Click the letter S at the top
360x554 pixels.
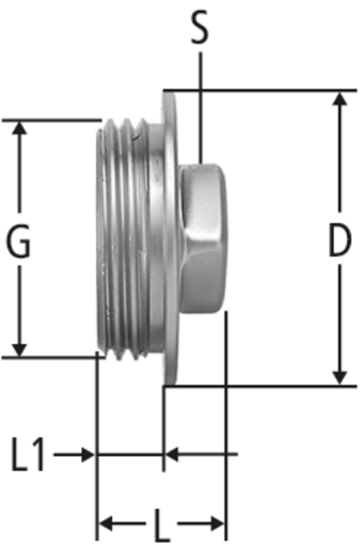click(200, 27)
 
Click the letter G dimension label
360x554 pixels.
click(19, 241)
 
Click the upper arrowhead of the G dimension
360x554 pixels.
click(19, 128)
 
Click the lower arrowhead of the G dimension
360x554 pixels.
click(19, 350)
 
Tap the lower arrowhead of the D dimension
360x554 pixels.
click(340, 377)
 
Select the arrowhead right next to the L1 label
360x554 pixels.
click(88, 454)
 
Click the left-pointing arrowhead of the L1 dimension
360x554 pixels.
click(172, 454)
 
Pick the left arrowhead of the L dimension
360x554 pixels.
click(105, 523)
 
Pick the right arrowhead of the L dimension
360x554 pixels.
click(217, 523)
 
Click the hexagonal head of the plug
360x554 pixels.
click(202, 239)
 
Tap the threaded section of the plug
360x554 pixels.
click(123, 239)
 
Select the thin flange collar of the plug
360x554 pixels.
click(170, 237)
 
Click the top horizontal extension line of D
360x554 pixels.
click(260, 90)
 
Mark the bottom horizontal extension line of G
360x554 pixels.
click(53, 358)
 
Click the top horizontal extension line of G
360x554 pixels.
click(52, 120)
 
